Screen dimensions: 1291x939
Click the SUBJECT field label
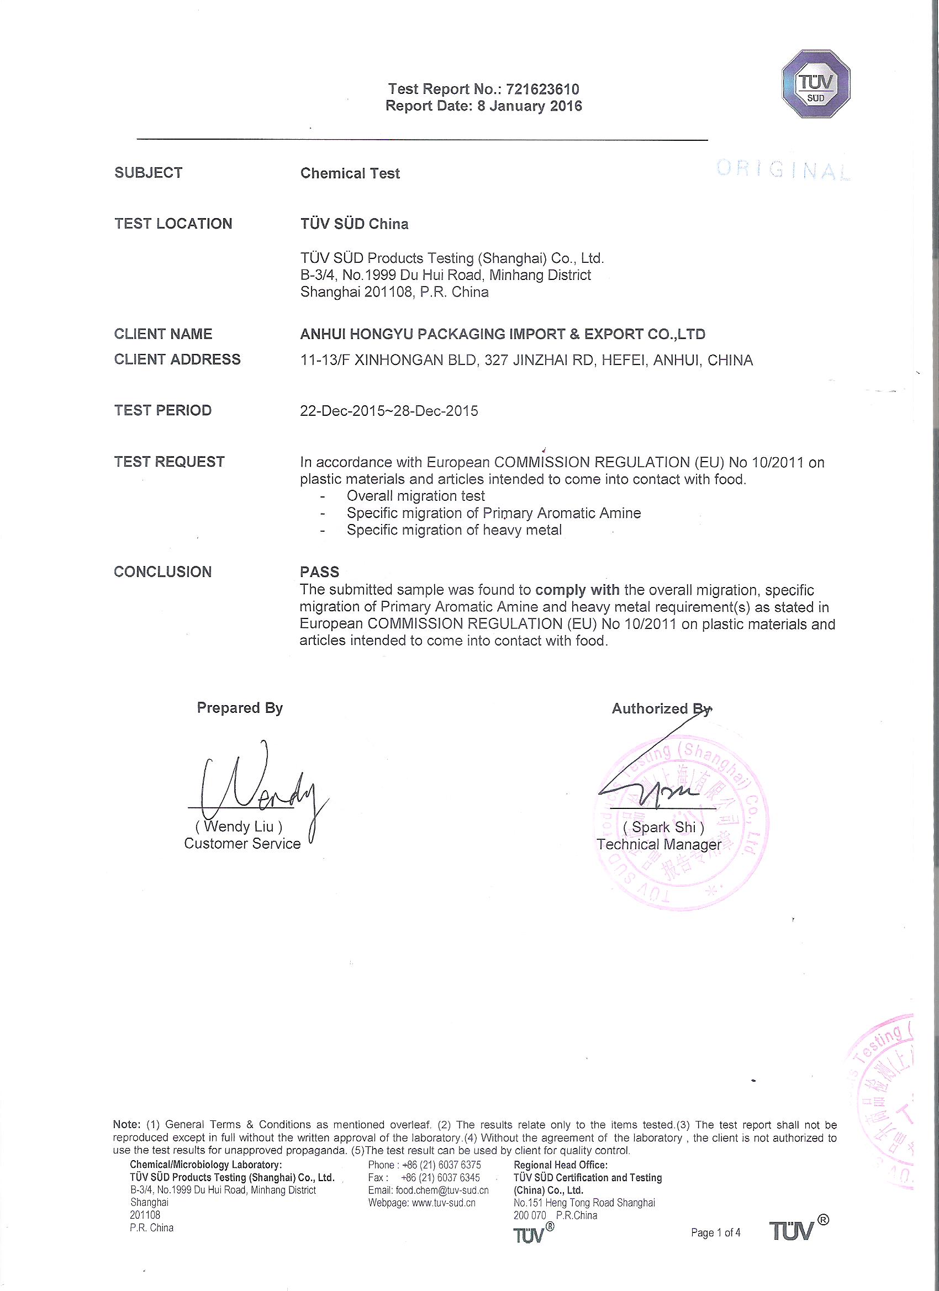pos(149,173)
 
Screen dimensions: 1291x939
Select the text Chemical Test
pos(350,173)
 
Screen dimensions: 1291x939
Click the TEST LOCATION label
pos(173,224)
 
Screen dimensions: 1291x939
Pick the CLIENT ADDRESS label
pos(177,360)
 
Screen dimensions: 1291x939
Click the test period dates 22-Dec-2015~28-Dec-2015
pos(389,411)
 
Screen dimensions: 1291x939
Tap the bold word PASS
pos(319,572)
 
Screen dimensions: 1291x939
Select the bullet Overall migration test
pos(416,496)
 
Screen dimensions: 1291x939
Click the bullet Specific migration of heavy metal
pos(454,530)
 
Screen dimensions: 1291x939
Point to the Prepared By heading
pos(240,707)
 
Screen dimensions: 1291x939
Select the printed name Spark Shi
pos(663,827)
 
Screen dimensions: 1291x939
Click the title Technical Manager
pos(659,844)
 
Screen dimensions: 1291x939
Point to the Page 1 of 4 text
pos(715,1233)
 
